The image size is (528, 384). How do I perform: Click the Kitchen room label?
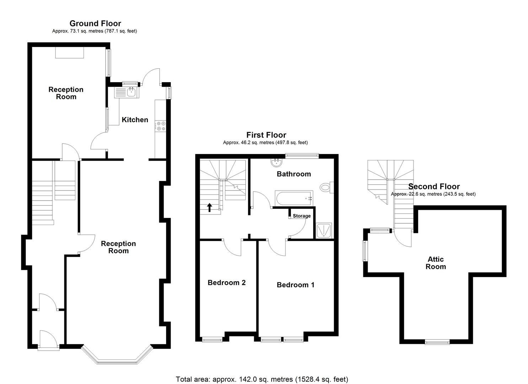(x=135, y=120)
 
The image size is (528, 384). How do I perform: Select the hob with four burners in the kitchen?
(x=161, y=126)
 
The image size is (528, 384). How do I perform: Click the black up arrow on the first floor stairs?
(x=209, y=207)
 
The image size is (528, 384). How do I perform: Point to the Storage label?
(x=302, y=216)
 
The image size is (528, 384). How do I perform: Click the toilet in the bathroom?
(x=326, y=187)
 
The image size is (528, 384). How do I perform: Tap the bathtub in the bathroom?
(x=294, y=198)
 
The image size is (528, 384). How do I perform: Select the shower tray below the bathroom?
(x=324, y=230)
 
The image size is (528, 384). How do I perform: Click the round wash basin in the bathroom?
(x=276, y=162)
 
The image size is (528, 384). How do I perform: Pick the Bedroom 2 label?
(x=226, y=283)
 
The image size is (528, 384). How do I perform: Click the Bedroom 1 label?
(x=295, y=285)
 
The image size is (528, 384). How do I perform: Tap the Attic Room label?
(x=436, y=263)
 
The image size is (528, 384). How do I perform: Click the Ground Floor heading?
(x=95, y=23)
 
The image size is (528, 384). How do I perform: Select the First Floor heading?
(x=266, y=135)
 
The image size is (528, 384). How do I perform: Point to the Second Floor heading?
(x=434, y=187)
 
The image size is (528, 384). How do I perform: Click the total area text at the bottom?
(x=262, y=379)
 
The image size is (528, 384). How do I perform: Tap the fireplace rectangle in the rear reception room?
(x=70, y=53)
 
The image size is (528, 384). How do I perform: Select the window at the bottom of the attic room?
(x=437, y=342)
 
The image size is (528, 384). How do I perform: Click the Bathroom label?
(x=294, y=174)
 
